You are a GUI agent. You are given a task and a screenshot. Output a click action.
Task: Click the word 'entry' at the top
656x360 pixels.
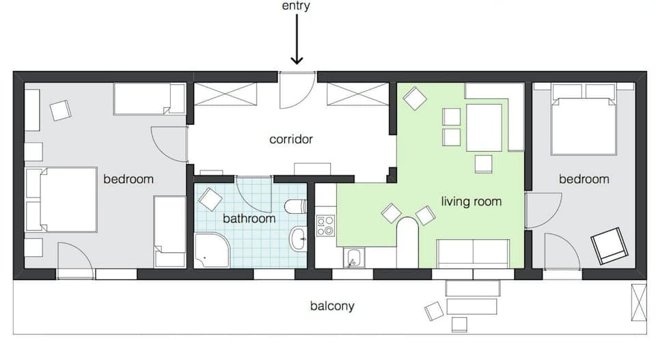pos(296,6)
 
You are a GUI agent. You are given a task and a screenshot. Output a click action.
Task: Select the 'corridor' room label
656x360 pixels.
pos(291,139)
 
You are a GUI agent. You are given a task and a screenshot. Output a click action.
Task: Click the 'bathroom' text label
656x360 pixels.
pos(249,219)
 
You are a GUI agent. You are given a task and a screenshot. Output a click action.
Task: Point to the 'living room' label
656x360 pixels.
pos(471,202)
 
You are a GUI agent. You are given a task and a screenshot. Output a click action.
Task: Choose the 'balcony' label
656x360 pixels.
pos(332,306)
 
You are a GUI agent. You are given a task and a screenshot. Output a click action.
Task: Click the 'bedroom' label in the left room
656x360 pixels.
pos(128,179)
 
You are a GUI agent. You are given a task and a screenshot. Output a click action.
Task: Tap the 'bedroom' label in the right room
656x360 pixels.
pos(584,179)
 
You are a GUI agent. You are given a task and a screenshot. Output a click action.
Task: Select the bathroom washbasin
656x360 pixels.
pos(299,238)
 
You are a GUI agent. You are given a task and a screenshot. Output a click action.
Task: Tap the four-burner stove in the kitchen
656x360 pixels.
pos(325,226)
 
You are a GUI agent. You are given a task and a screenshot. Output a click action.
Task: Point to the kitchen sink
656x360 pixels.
pos(353,258)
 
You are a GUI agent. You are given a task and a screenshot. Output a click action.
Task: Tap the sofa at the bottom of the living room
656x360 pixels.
pos(473,253)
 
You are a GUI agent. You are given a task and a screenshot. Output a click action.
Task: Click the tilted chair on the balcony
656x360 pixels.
pos(434,311)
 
